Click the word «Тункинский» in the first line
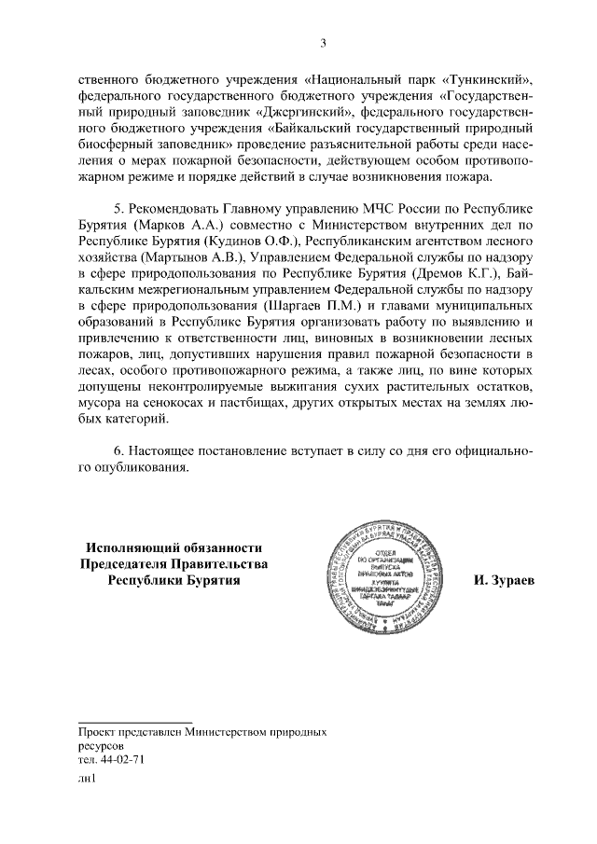(493, 79)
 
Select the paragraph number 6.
(118, 450)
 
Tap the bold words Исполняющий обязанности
(174, 548)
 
